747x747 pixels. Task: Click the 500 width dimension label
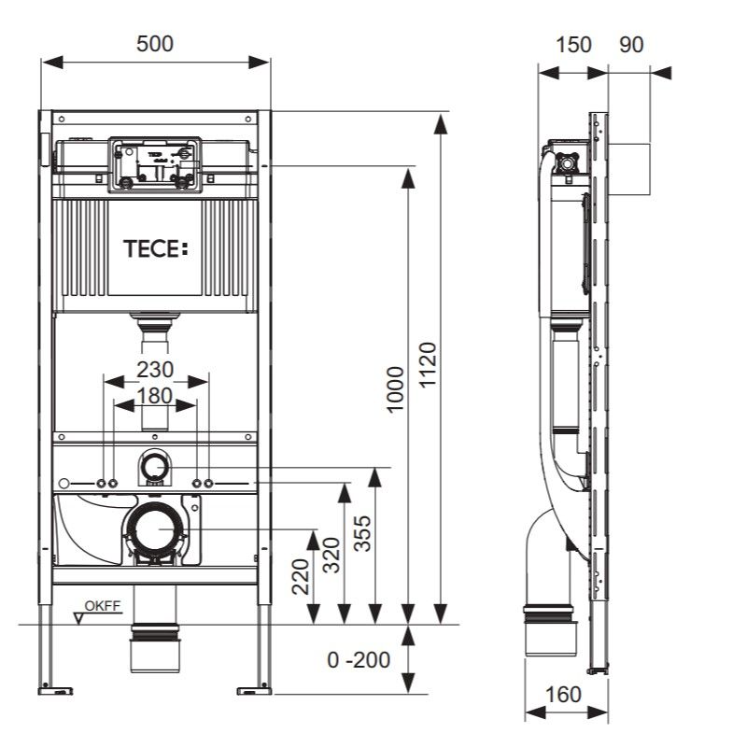tap(156, 43)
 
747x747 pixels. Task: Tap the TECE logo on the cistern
tap(156, 248)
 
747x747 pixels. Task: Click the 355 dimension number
tap(363, 533)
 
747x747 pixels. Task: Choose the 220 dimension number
tap(300, 576)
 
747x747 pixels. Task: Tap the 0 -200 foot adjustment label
tap(359, 660)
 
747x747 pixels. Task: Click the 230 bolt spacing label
tap(155, 368)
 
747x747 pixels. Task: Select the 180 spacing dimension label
tap(155, 395)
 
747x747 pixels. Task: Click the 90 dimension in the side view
tap(631, 44)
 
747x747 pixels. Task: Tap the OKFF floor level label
tap(103, 607)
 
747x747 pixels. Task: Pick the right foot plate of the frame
tap(254, 690)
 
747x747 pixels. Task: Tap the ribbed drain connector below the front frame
tap(156, 643)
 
